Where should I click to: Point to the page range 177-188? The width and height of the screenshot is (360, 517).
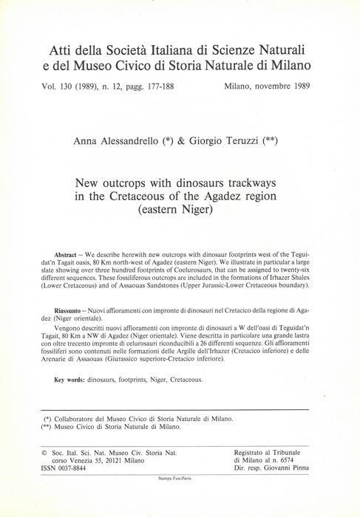click(177, 86)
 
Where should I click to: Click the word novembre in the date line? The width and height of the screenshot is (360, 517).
click(283, 86)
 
